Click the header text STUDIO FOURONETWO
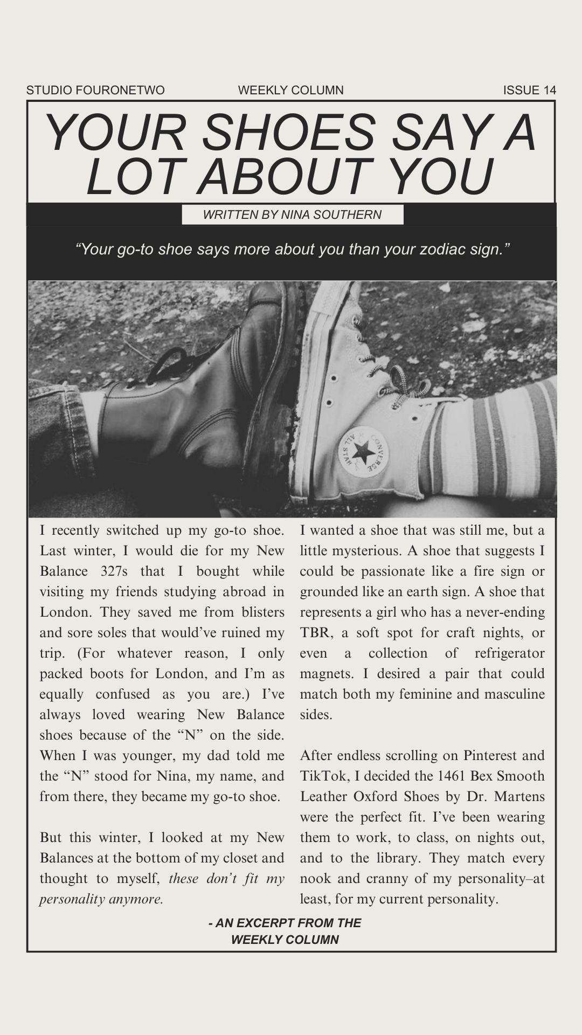95,90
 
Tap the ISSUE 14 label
529,90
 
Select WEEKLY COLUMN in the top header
290,90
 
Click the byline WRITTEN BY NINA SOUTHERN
292,215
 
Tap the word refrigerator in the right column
509,653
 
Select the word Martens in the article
519,797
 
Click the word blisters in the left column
260,612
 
